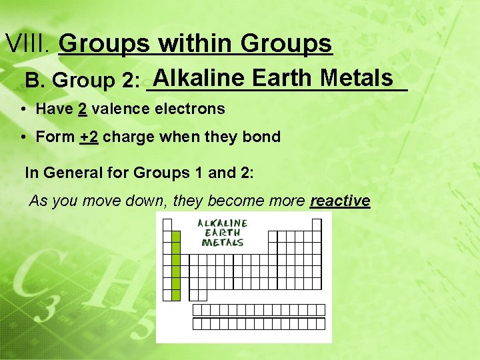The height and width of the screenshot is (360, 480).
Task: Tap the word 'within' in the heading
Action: (195, 44)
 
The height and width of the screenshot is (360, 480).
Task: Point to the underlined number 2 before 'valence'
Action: (82, 109)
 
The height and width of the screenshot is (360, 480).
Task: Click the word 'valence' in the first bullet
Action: (117, 109)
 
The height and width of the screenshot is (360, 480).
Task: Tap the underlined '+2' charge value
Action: (89, 137)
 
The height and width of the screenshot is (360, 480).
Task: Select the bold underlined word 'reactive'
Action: (340, 201)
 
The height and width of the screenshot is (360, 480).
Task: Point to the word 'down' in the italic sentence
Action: (148, 201)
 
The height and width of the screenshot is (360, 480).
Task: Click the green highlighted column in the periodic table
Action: (176, 266)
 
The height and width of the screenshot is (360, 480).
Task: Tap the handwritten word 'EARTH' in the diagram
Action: (223, 233)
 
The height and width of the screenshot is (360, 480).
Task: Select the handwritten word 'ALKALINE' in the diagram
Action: (223, 223)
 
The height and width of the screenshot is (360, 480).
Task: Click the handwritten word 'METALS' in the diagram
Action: (223, 243)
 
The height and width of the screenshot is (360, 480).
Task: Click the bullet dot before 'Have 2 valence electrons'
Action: (23, 109)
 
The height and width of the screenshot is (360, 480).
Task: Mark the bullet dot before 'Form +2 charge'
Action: (23, 137)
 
